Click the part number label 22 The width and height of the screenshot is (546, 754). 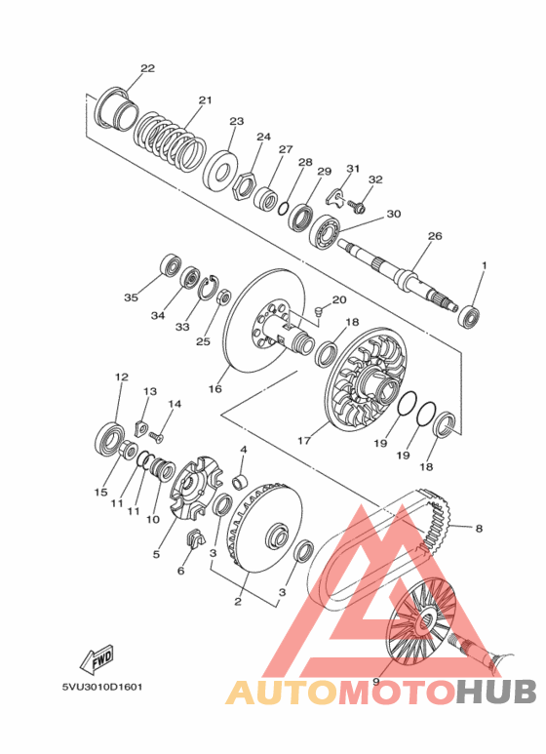click(147, 68)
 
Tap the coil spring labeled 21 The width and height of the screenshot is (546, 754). click(170, 141)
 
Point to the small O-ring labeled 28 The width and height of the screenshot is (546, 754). click(284, 208)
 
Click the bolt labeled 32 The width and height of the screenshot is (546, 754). click(357, 207)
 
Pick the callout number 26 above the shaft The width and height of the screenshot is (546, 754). click(435, 236)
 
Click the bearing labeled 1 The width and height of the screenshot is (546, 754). click(470, 316)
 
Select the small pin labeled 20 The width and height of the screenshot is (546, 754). click(318, 311)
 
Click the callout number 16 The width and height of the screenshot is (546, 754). click(214, 388)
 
